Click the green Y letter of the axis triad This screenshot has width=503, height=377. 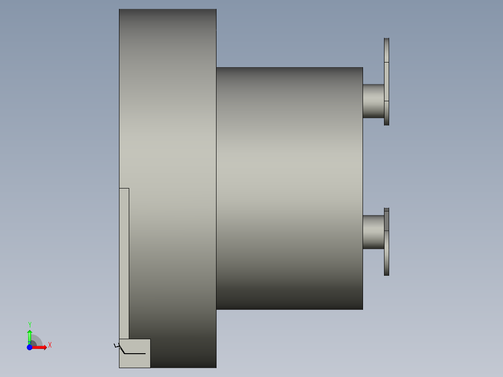pos(30,324)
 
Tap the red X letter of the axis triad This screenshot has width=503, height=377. pos(50,345)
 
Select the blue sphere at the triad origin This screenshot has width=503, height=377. pos(29,348)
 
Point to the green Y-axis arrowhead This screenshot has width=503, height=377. pos(30,332)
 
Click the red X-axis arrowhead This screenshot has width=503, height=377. pos(45,348)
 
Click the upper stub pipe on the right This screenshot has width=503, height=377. pos(373,101)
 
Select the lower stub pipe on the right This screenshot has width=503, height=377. pos(373,232)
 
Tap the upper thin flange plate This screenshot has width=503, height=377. pos(386,82)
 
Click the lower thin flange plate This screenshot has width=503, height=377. pos(386,242)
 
